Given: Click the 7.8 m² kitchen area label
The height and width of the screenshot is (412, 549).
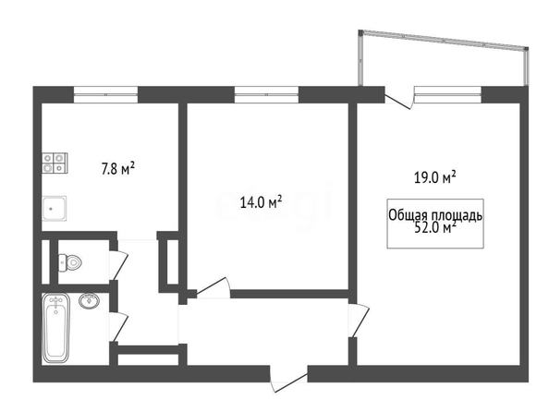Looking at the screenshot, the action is [x=118, y=169].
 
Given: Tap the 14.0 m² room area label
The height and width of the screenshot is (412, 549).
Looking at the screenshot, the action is [x=262, y=202].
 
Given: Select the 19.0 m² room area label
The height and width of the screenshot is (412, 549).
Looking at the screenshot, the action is [x=435, y=177].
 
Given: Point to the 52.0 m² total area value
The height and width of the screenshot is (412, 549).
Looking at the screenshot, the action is [x=435, y=228].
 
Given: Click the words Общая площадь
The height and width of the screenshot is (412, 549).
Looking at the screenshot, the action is [x=435, y=215].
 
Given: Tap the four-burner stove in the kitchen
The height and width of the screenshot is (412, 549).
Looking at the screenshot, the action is [x=55, y=164].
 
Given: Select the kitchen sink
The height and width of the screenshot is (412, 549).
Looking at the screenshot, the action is [x=55, y=208].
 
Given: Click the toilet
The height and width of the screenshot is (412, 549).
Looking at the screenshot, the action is [x=69, y=262].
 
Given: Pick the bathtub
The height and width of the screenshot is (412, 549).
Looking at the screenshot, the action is [x=55, y=328].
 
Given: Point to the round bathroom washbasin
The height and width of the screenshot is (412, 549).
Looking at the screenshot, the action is [x=89, y=300].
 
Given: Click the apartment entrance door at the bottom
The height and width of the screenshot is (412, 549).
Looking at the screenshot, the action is [x=289, y=379].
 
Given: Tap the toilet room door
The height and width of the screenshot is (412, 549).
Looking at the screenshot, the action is [x=118, y=264].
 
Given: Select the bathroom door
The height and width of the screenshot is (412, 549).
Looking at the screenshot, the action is [x=118, y=326].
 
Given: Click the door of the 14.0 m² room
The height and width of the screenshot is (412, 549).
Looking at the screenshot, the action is [x=213, y=288].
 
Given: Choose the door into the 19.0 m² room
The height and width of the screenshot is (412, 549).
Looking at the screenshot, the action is [x=359, y=321].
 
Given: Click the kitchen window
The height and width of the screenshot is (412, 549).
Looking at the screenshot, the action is [x=105, y=94].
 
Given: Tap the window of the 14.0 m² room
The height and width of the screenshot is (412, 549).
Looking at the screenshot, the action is [x=266, y=94].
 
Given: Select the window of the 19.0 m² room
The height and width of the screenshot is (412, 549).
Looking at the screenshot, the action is [x=448, y=94].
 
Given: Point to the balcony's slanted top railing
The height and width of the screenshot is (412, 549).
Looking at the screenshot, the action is [x=444, y=40].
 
